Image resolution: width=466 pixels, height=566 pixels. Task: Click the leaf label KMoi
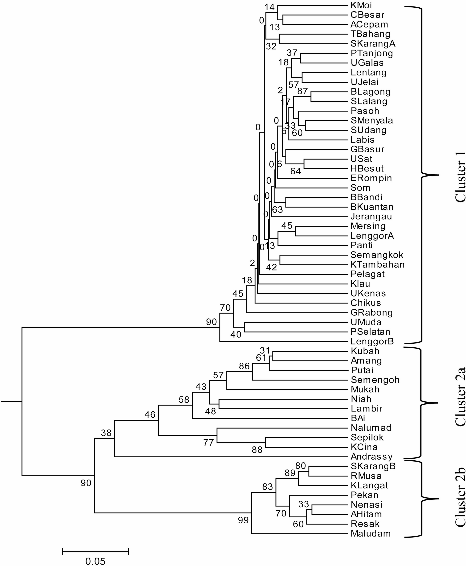pyautogui.click(x=361, y=5)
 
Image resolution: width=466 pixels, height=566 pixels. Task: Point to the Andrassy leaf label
pyautogui.click(x=372, y=457)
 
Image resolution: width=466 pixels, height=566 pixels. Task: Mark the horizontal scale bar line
pyautogui.click(x=95, y=549)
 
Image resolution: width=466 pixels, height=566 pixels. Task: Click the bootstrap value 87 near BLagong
pyautogui.click(x=303, y=91)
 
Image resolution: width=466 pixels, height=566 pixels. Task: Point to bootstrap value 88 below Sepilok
pyautogui.click(x=257, y=450)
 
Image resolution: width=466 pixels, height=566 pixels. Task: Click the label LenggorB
pyautogui.click(x=372, y=342)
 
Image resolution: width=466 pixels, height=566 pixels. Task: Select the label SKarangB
pyautogui.click(x=373, y=466)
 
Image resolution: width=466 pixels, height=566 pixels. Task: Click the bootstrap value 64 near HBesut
pyautogui.click(x=296, y=171)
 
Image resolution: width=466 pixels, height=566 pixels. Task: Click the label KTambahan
pyautogui.click(x=377, y=265)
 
